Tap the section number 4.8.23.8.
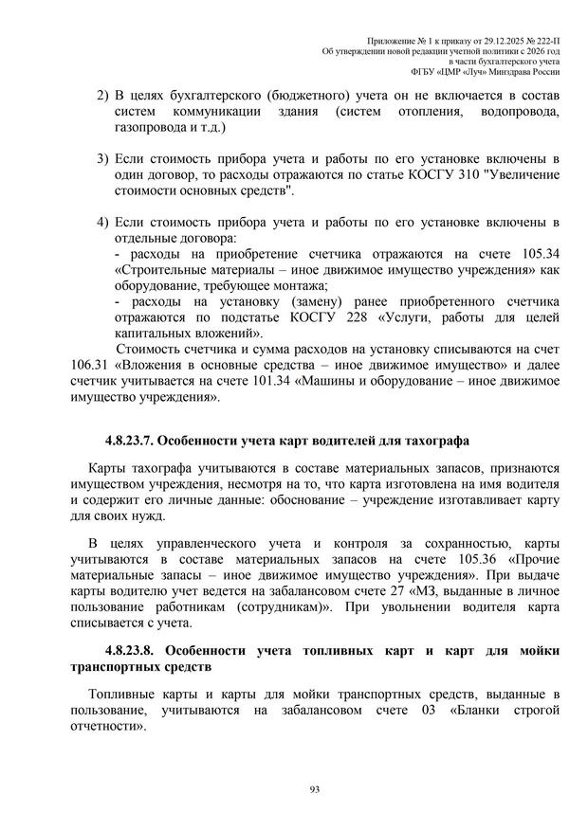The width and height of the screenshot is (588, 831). click(133, 650)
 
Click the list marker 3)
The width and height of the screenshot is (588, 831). click(103, 157)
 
